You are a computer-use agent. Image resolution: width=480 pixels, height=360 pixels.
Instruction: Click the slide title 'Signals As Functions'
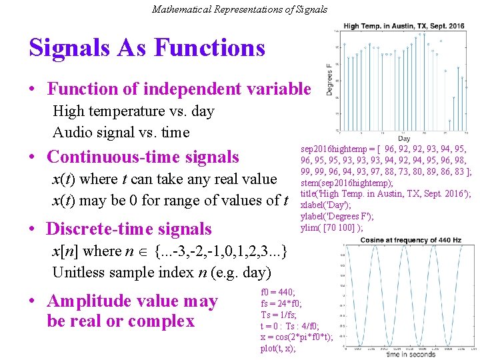click(147, 48)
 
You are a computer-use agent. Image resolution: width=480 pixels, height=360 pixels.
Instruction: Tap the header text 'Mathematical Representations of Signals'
click(239, 9)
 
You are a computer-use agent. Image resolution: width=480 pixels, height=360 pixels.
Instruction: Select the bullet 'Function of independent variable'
click(179, 89)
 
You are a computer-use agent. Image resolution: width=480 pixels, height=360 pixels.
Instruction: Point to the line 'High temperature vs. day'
click(133, 111)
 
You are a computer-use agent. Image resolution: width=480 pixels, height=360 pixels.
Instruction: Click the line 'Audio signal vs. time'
click(121, 132)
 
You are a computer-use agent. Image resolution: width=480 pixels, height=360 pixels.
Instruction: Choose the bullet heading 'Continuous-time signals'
click(143, 157)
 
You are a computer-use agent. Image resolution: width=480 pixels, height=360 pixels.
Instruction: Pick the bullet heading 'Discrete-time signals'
click(129, 229)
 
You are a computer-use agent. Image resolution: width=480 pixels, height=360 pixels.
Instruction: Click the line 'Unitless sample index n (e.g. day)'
click(161, 272)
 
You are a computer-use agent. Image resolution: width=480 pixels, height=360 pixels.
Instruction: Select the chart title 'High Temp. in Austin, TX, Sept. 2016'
click(404, 26)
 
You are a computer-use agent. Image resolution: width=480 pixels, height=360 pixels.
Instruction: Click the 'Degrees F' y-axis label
click(329, 79)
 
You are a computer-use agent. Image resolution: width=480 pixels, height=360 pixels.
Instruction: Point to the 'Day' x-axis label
click(403, 138)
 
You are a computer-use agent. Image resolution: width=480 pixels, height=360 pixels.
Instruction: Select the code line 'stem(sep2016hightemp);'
click(337, 183)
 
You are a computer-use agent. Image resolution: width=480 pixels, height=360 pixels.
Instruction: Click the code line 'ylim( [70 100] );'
click(331, 227)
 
